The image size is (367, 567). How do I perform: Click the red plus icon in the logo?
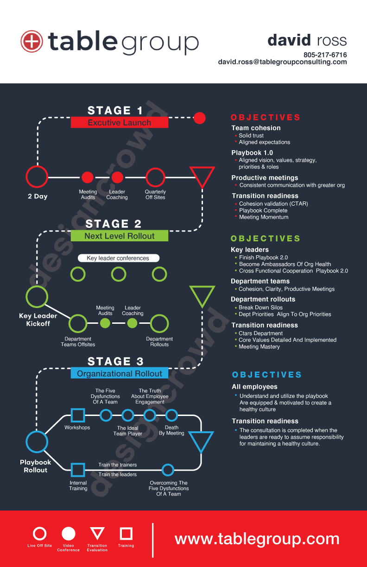tap(32, 42)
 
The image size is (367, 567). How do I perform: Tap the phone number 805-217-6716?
tap(325, 55)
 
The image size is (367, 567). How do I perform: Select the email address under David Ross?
tap(282, 62)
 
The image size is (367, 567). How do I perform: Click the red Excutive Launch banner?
tap(119, 123)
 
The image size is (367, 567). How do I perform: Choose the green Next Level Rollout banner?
tap(119, 236)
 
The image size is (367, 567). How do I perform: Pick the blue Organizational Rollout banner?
tap(119, 373)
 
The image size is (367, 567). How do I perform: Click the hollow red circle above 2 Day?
tap(37, 177)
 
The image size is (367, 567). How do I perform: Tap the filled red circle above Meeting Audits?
tap(88, 177)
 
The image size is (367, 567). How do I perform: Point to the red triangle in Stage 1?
tap(202, 176)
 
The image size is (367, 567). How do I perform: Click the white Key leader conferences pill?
tap(118, 258)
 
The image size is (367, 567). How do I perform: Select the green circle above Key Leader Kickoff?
tap(37, 296)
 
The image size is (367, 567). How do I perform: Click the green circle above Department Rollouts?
tap(159, 323)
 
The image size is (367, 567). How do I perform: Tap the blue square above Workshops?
tap(77, 415)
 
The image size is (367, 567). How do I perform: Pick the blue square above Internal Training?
tap(77, 470)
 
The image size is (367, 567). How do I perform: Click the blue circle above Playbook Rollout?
tap(37, 441)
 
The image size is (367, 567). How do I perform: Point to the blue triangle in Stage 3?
tap(201, 441)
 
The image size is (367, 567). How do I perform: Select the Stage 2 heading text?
tap(114, 224)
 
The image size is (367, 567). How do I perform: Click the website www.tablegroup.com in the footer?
tap(257, 539)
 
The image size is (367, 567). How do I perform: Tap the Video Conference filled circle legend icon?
tap(68, 534)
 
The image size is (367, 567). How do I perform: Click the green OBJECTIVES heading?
tap(266, 239)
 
